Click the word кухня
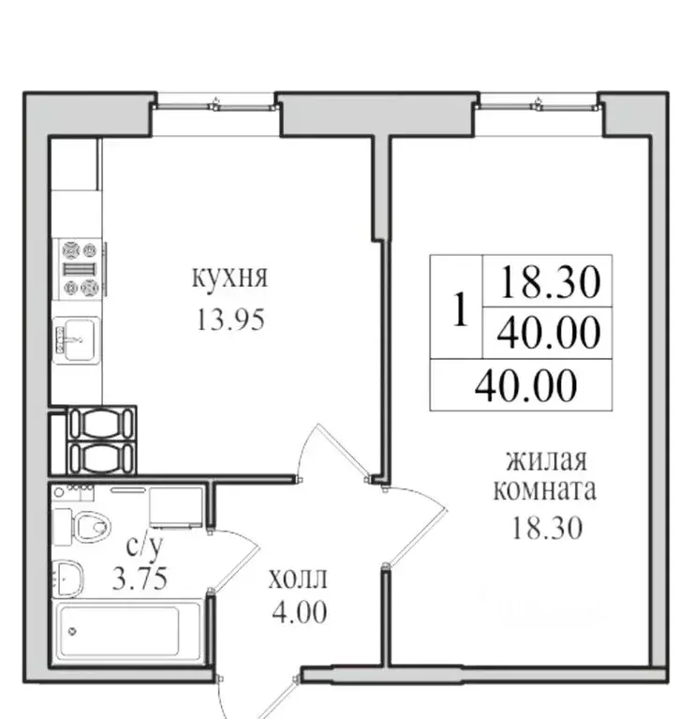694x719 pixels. tap(229, 277)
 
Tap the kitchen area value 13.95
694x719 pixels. tap(230, 320)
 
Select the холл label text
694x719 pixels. tap(298, 578)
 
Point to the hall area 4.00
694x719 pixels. tap(300, 612)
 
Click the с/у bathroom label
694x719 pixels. tap(144, 546)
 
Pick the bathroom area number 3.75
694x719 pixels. tap(140, 578)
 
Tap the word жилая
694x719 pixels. tap(546, 460)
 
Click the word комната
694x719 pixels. tap(545, 490)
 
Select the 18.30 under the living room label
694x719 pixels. tap(547, 528)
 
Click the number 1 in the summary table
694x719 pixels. tap(460, 309)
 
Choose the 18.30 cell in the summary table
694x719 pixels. tap(549, 281)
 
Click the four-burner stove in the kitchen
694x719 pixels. tap(81, 269)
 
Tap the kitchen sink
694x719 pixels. tap(76, 340)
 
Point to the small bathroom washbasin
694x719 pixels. tap(68, 577)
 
